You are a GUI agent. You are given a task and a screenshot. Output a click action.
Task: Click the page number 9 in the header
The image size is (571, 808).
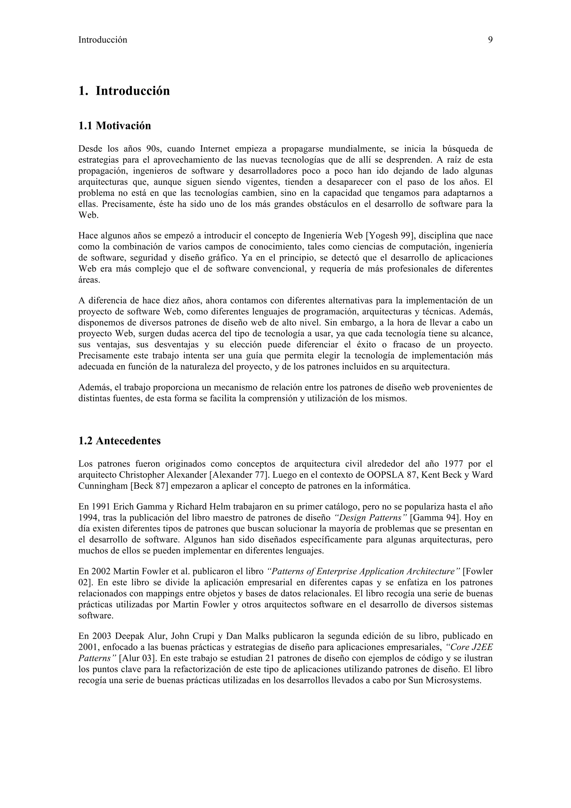click(490, 40)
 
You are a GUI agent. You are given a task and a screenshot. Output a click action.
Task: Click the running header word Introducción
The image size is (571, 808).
click(102, 40)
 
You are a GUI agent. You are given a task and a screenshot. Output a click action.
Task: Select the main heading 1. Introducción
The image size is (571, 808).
click(124, 91)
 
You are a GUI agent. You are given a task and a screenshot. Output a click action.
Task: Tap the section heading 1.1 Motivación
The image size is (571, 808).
click(114, 126)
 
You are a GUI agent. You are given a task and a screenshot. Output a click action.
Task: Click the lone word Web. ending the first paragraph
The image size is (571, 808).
click(88, 215)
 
